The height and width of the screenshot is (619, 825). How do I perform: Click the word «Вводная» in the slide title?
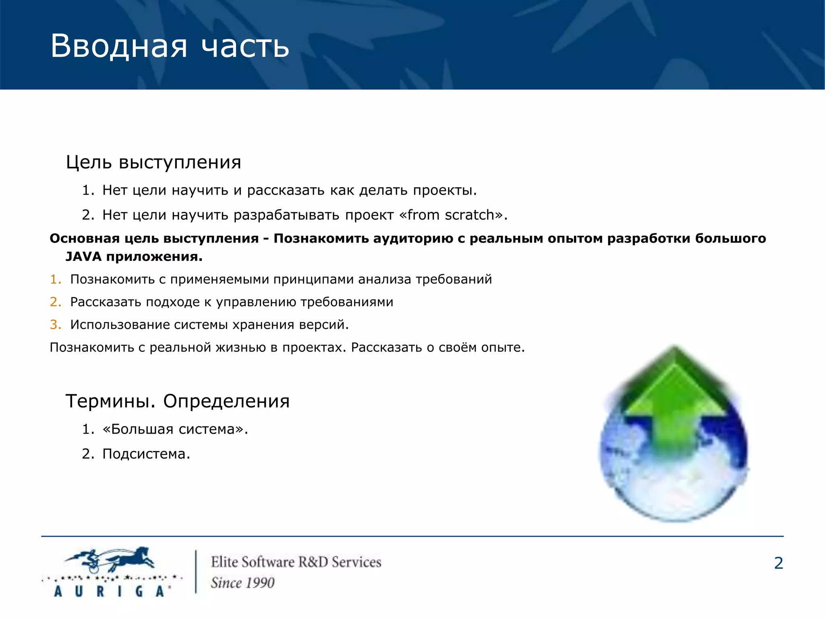point(119,46)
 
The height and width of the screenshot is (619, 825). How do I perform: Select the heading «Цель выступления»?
point(153,162)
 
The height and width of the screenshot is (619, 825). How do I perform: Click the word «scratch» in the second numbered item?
point(469,215)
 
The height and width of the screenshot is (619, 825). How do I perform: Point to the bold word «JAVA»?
point(83,256)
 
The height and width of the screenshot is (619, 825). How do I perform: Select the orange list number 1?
point(55,279)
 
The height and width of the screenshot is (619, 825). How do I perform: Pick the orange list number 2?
point(55,302)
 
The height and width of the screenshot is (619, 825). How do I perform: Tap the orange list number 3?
point(55,324)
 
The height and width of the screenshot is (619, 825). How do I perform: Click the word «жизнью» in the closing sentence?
point(240,347)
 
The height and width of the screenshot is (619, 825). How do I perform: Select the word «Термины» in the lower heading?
point(110,401)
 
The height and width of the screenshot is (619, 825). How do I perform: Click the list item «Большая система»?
point(175,429)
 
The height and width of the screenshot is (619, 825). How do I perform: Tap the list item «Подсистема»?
point(145,454)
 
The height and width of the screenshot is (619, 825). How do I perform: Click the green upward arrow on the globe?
point(674,403)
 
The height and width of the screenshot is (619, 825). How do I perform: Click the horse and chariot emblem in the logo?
point(111,560)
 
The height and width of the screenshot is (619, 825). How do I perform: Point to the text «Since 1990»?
point(243,583)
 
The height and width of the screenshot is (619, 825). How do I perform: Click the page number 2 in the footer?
point(778,563)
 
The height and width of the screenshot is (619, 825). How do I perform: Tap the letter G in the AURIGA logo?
point(139,591)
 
